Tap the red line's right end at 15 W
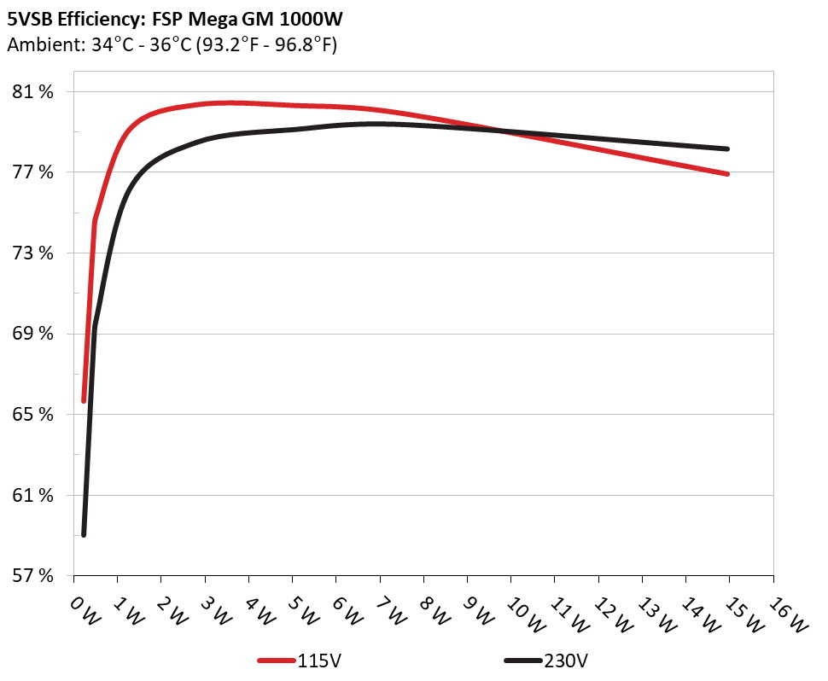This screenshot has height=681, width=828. tap(728, 174)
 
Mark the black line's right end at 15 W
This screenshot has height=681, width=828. tap(728, 148)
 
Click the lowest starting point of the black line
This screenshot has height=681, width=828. tap(84, 535)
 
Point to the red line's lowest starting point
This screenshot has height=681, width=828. tap(84, 400)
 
